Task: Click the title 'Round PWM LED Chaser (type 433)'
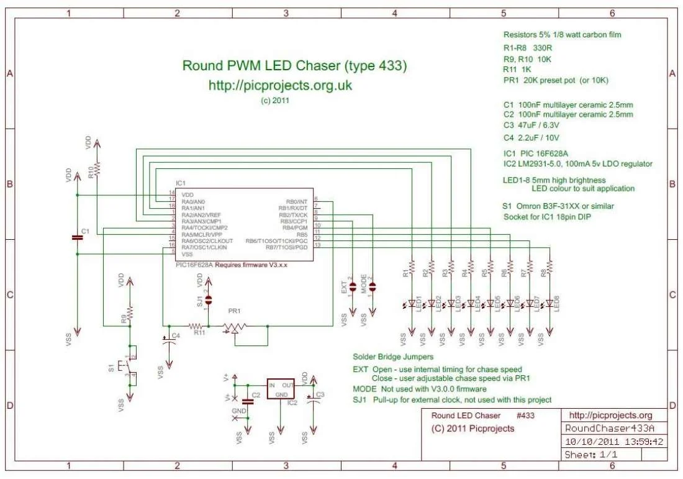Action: pyautogui.click(x=294, y=66)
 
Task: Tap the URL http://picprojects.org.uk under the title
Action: pyautogui.click(x=280, y=86)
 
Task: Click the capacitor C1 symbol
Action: pyautogui.click(x=77, y=237)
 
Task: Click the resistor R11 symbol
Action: pyautogui.click(x=197, y=326)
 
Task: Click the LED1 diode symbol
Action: pyautogui.click(x=412, y=304)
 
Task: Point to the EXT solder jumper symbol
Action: pyautogui.click(x=353, y=286)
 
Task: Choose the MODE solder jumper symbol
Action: pyautogui.click(x=372, y=286)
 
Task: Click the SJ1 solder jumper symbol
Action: pyautogui.click(x=208, y=300)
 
